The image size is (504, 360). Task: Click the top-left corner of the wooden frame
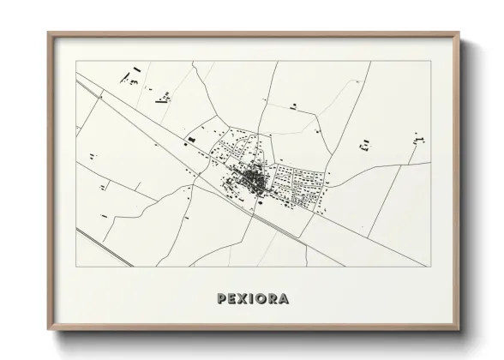pyautogui.click(x=48, y=33)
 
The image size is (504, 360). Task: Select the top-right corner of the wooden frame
pyautogui.click(x=459, y=33)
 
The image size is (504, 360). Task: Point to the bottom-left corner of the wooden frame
pyautogui.click(x=48, y=330)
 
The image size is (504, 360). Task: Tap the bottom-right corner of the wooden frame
pyautogui.click(x=459, y=330)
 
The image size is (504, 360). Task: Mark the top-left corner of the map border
pyautogui.click(x=77, y=62)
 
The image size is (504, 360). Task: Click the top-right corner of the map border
pyautogui.click(x=429, y=62)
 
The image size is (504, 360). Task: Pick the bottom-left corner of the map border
pyautogui.click(x=77, y=267)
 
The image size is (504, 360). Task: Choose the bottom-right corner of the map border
pyautogui.click(x=429, y=267)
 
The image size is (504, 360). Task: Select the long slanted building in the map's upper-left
pyautogui.click(x=134, y=69)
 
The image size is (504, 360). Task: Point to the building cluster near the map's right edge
pyautogui.click(x=417, y=139)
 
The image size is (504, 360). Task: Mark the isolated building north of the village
pyautogui.click(x=294, y=106)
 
